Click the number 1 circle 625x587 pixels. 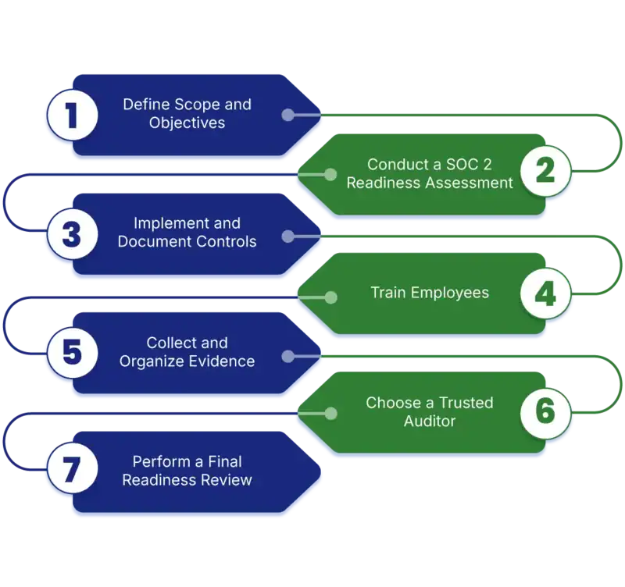(x=71, y=116)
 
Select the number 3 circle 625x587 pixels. (x=71, y=233)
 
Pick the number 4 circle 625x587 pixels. (x=547, y=293)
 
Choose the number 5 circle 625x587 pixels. (x=71, y=352)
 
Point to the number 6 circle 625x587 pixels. (x=547, y=411)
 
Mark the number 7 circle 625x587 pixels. (x=71, y=470)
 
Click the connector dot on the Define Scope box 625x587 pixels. (x=287, y=116)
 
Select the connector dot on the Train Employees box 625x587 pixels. (x=330, y=297)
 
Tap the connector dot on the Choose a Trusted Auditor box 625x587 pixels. (x=330, y=414)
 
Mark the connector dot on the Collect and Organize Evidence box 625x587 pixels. (x=287, y=356)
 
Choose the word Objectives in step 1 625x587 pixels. (x=187, y=123)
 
